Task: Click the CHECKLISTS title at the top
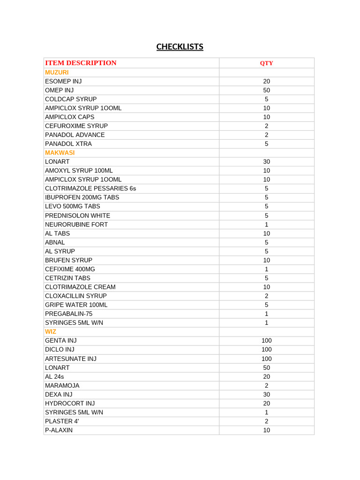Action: tap(180, 47)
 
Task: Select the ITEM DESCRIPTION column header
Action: tap(81, 63)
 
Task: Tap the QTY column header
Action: tap(266, 63)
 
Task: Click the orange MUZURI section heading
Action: tap(57, 72)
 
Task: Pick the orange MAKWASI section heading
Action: tap(60, 152)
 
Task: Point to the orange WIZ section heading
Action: tap(51, 331)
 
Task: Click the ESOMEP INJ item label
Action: tap(63, 81)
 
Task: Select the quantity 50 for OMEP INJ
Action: tap(266, 90)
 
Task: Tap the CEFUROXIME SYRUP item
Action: tap(76, 126)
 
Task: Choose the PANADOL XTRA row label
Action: tap(68, 143)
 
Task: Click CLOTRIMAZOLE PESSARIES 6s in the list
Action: tap(90, 188)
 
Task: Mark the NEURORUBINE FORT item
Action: tap(76, 224)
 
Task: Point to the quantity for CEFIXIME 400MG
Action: tap(266, 269)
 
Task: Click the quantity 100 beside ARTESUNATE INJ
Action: tap(266, 359)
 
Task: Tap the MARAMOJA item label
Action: tap(62, 385)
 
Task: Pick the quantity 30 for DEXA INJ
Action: tap(266, 394)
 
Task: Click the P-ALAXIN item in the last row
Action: tap(59, 430)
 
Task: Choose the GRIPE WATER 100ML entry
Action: tap(76, 305)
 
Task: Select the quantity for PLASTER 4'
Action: tap(266, 421)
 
